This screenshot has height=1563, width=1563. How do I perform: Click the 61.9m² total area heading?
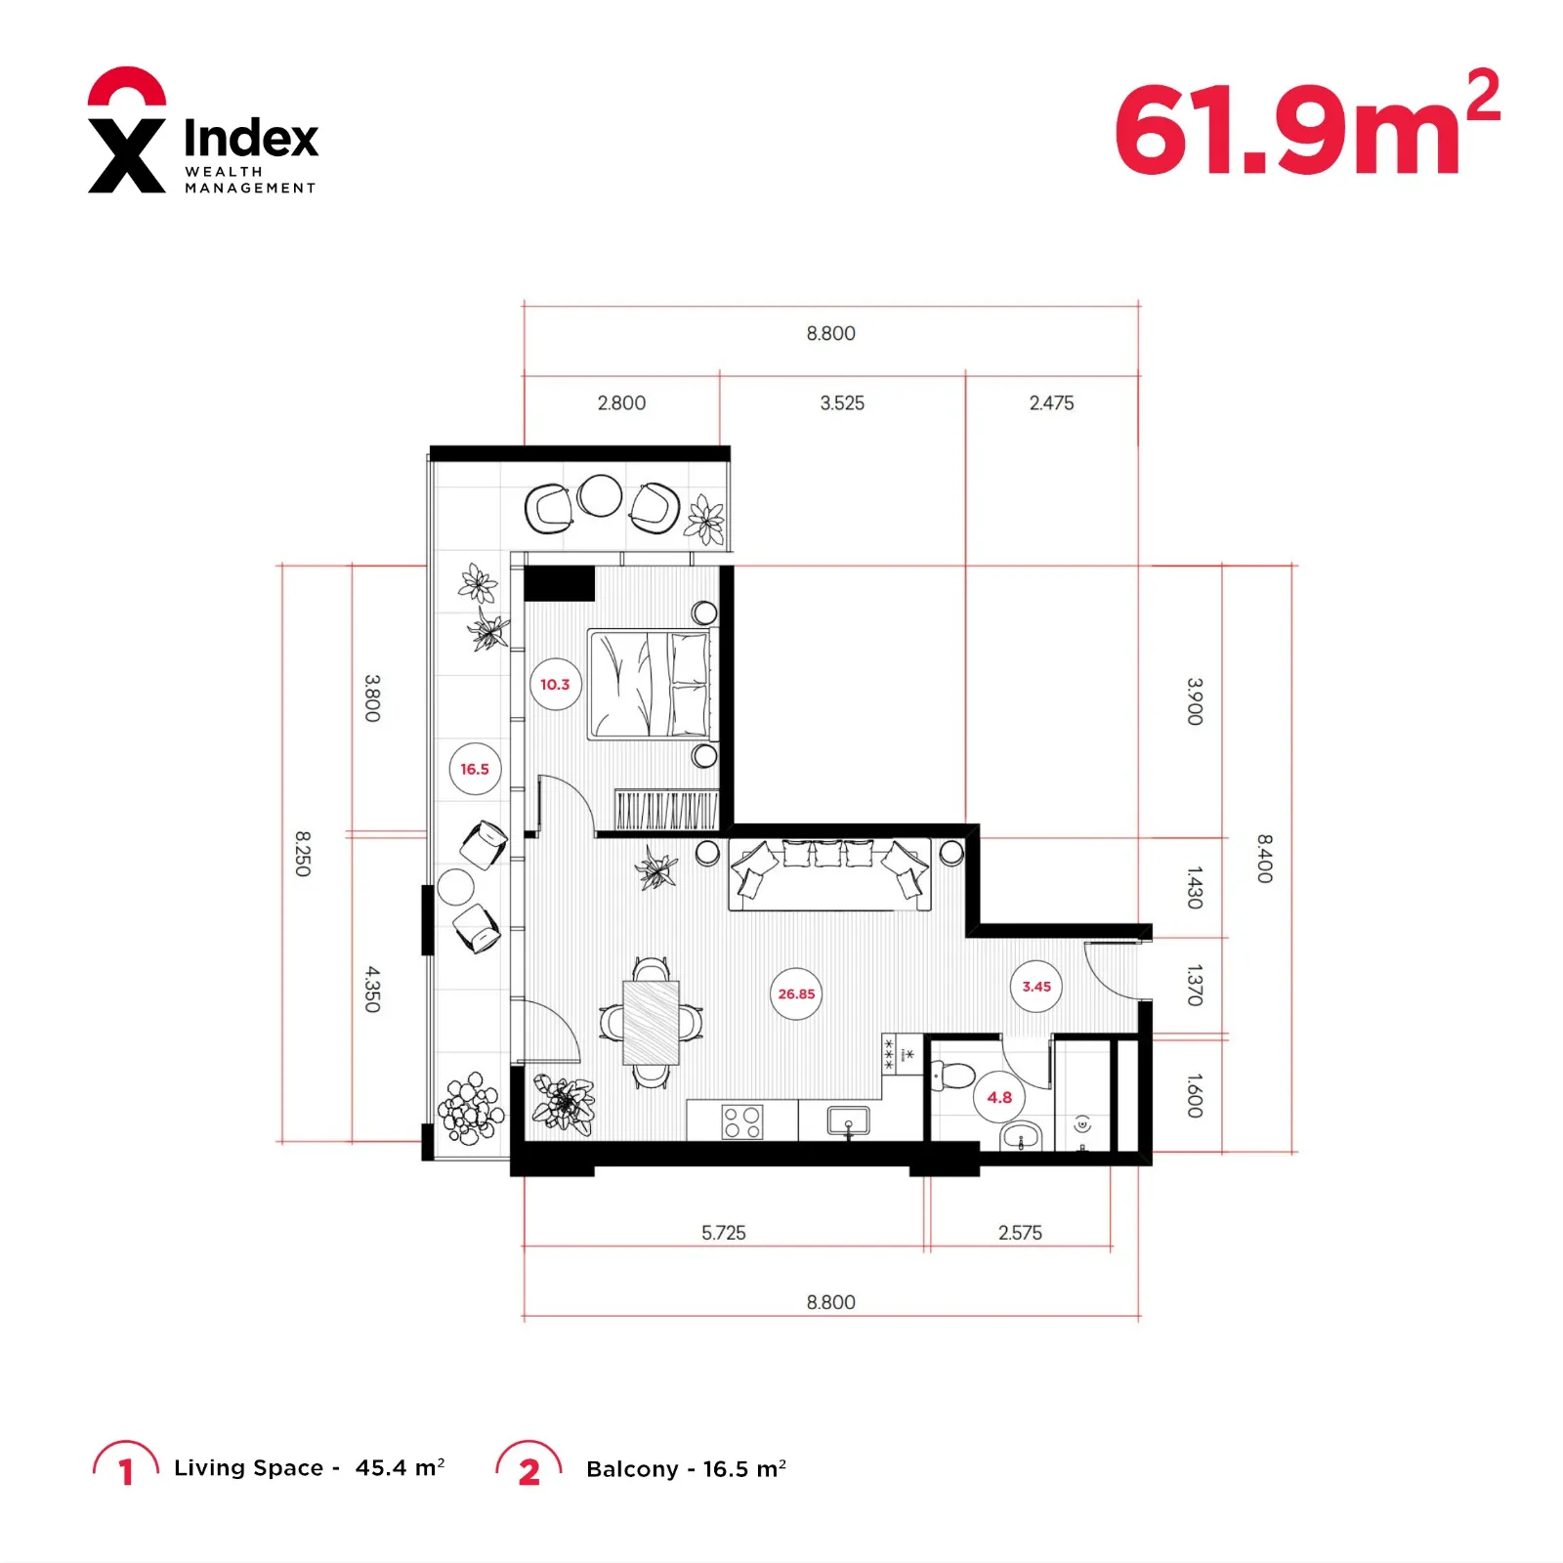(1306, 124)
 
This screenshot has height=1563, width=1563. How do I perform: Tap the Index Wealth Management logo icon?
(127, 130)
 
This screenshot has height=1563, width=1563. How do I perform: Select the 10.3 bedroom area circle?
(555, 685)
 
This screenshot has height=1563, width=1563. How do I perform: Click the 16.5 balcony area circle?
(475, 770)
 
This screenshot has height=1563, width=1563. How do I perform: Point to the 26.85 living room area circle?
(796, 993)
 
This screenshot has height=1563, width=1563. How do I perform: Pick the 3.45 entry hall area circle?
(1036, 987)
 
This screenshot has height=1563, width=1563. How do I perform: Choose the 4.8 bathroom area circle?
(999, 1097)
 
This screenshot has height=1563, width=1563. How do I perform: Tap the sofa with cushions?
(829, 874)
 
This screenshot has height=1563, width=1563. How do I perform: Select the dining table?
(651, 1023)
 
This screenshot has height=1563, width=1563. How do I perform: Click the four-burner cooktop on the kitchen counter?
(742, 1122)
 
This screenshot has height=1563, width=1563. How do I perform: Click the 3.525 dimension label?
(842, 403)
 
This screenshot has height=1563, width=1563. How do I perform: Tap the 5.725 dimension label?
(723, 1233)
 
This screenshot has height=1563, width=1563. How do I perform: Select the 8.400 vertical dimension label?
(1264, 859)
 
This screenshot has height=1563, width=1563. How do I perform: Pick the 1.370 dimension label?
(1194, 986)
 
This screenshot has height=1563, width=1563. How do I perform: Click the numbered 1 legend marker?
(125, 1466)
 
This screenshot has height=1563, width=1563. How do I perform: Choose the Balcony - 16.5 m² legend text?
(686, 1469)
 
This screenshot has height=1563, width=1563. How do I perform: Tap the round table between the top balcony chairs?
(600, 496)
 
